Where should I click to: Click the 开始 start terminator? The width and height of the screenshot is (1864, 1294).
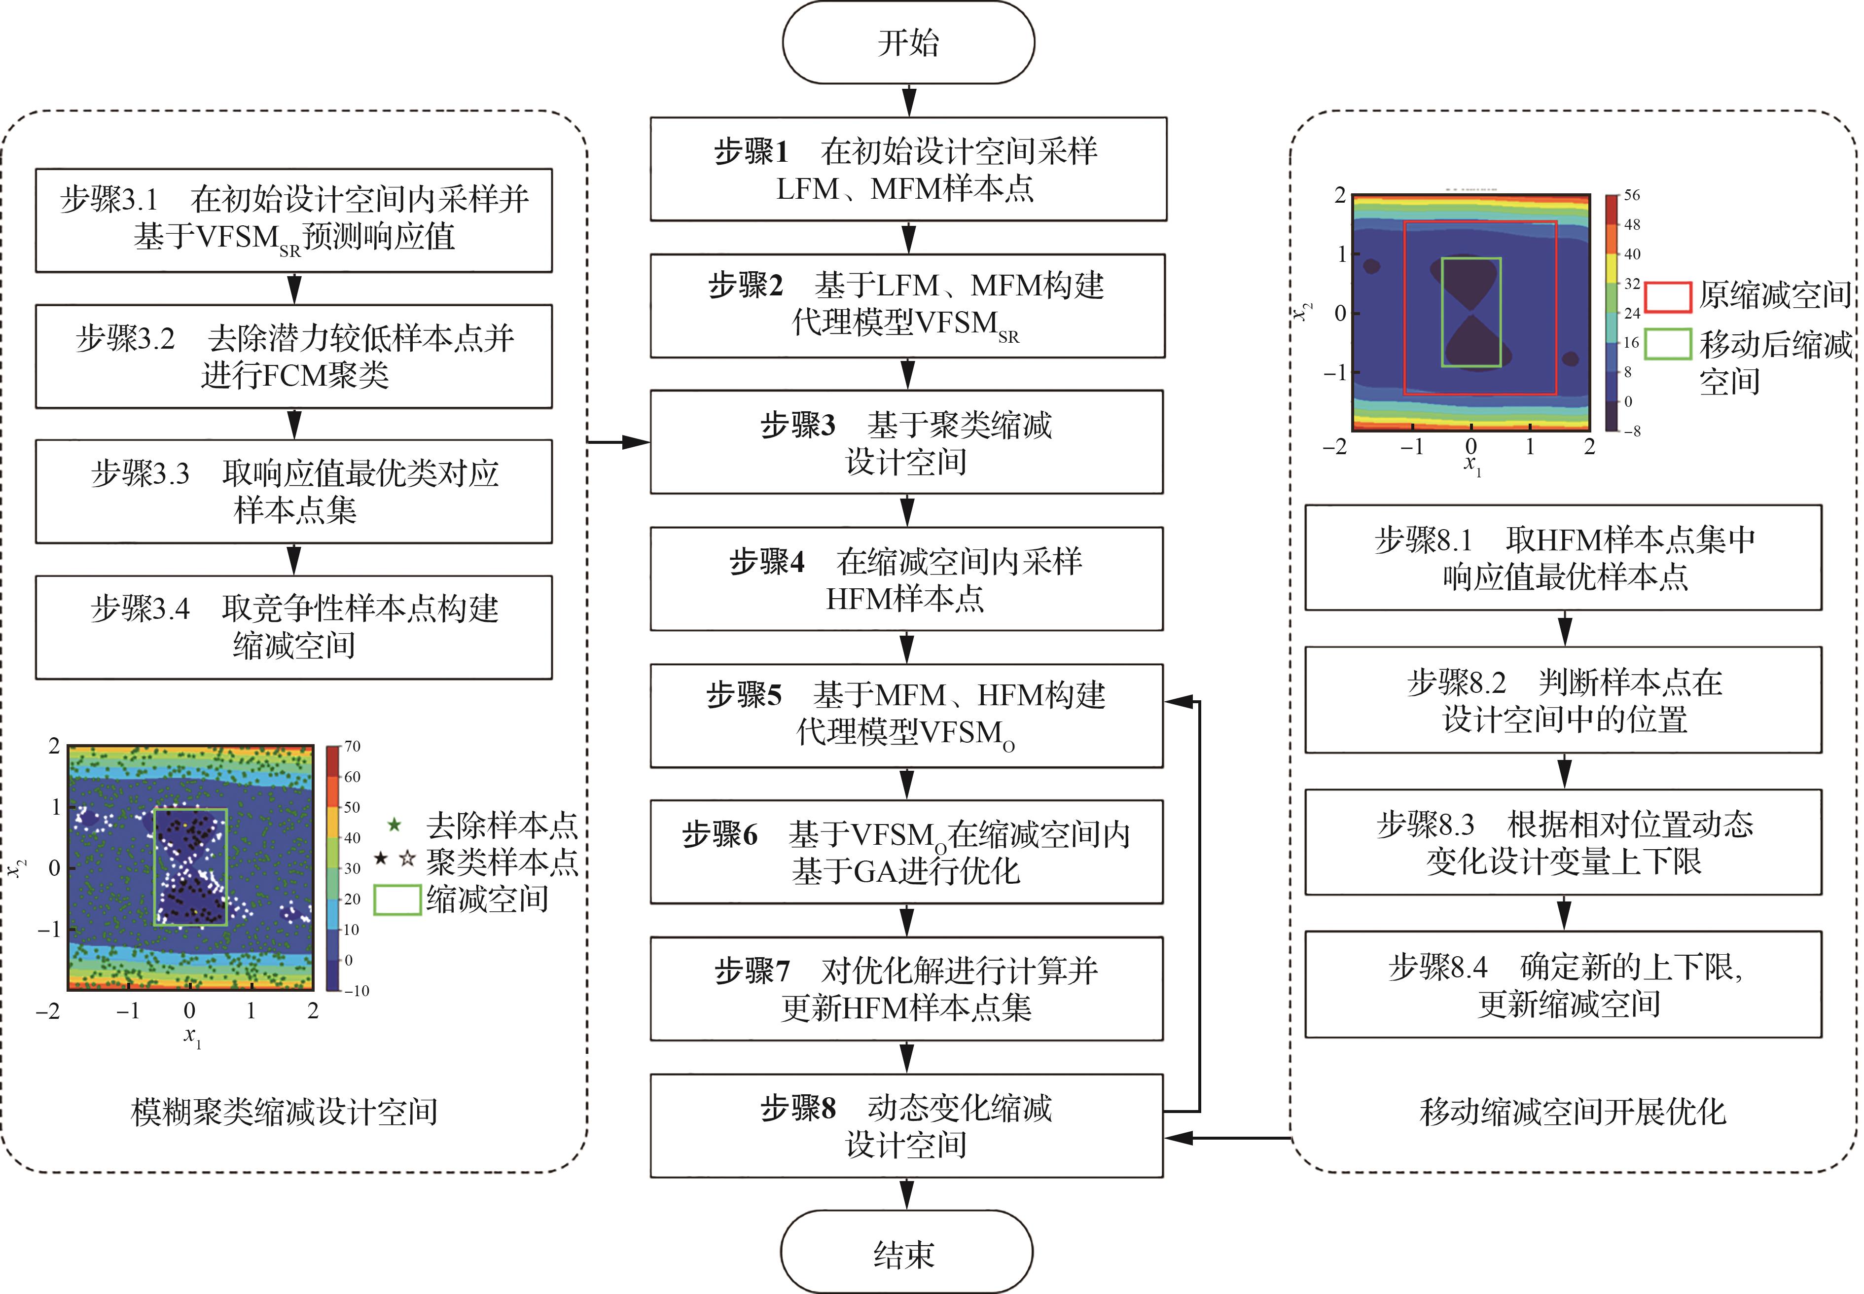click(x=908, y=42)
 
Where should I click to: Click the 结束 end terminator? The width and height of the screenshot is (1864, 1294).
click(x=906, y=1253)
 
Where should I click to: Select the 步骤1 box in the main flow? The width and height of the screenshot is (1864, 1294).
click(x=908, y=169)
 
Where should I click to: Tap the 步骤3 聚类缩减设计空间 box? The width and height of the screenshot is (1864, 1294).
click(x=906, y=442)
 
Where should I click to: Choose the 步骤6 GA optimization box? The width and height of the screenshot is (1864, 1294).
click(x=906, y=851)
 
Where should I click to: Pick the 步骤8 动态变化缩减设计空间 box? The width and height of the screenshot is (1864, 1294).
click(x=906, y=1125)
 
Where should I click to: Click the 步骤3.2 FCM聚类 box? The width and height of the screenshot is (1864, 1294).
click(x=293, y=356)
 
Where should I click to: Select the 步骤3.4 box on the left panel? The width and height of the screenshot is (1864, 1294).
click(x=293, y=627)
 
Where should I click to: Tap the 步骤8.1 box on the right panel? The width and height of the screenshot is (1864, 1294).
click(x=1563, y=557)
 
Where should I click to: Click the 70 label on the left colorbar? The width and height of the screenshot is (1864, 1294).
click(x=352, y=746)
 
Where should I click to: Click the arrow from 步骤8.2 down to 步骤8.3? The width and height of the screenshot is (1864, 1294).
click(x=1564, y=771)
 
